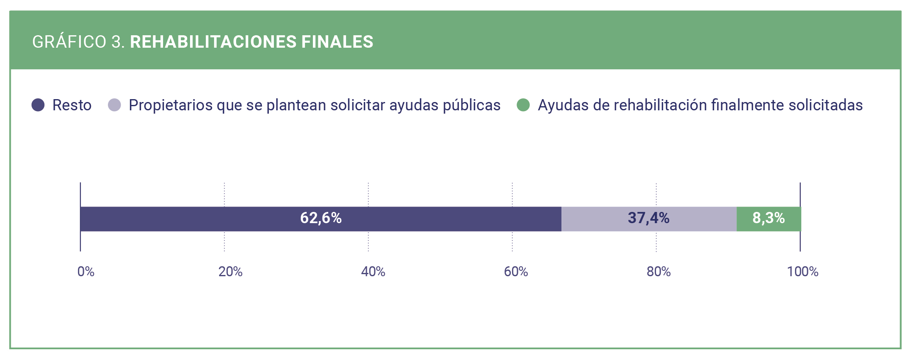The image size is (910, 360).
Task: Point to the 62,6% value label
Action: (321, 218)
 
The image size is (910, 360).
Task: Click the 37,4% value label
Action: (648, 218)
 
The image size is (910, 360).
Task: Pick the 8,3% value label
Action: (768, 218)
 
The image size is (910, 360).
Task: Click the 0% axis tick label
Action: (86, 272)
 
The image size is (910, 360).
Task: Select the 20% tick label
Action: (230, 272)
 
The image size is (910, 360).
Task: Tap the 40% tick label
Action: (373, 272)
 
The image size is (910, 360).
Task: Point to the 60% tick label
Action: (516, 272)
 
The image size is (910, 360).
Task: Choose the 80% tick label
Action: (659, 272)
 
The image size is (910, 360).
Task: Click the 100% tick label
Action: (803, 272)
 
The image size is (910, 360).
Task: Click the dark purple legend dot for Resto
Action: (38, 105)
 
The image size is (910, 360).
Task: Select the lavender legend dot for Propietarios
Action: (115, 105)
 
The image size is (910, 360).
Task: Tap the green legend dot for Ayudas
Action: (523, 105)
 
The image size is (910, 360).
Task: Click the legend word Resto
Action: (72, 105)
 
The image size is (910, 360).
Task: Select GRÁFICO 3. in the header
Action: (78, 42)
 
